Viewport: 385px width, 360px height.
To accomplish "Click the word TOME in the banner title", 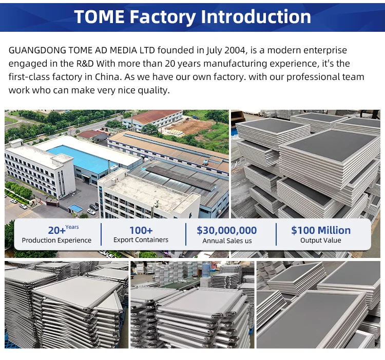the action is click(x=99, y=17).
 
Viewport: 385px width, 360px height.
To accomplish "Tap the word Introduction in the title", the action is click(x=256, y=17).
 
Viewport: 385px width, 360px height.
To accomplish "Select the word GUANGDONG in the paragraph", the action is click(x=37, y=50).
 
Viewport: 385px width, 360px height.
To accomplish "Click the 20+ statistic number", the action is click(x=56, y=231).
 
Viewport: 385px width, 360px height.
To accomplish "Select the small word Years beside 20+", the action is click(x=72, y=227).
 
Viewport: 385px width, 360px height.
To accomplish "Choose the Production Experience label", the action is click(x=56, y=240).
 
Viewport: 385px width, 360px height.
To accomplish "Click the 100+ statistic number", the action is click(x=141, y=230).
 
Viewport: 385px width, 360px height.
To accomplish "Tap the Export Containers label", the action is click(x=141, y=239).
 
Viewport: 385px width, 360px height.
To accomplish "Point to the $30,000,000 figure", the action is click(x=226, y=230).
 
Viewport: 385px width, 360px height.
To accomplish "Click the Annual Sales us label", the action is click(x=227, y=241).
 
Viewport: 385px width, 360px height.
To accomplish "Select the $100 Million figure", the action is click(x=321, y=230).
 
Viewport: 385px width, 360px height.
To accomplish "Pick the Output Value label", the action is click(x=320, y=240).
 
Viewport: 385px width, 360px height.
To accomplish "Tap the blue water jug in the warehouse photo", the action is click(x=206, y=269).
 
